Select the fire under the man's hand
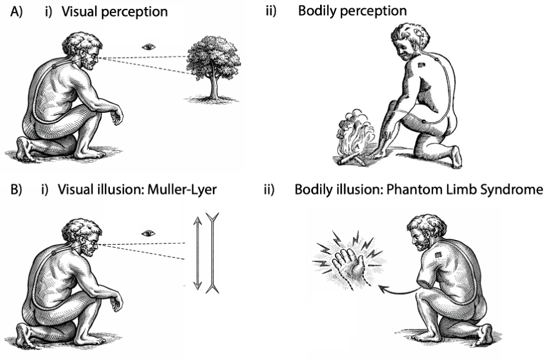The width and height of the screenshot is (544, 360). click(x=356, y=136)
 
